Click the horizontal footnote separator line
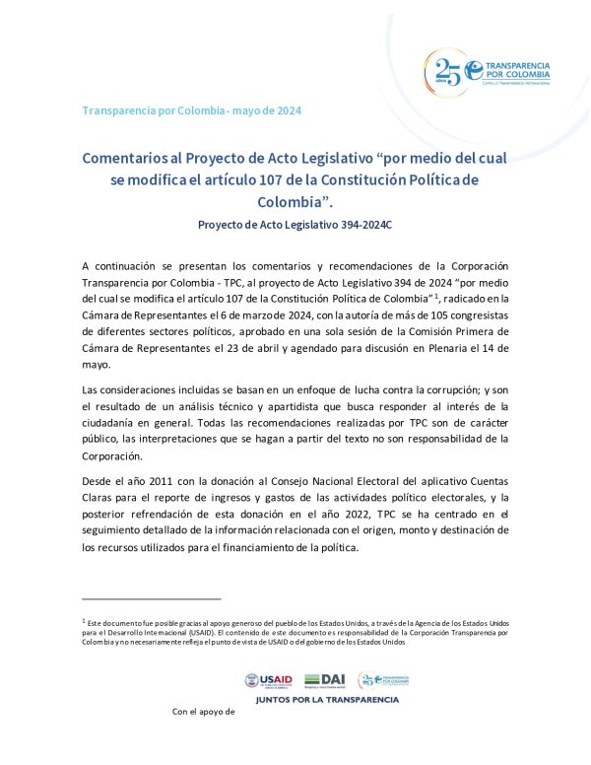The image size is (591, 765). coord(152,597)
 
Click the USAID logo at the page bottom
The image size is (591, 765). coord(269,680)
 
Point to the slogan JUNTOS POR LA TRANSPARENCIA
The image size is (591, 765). coord(327,700)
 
